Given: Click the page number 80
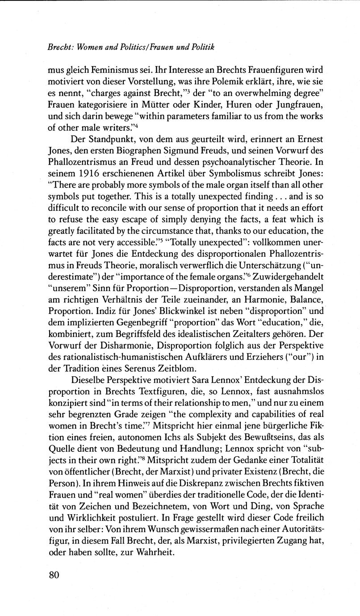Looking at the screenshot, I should tap(54, 574).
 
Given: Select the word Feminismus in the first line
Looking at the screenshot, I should tap(105, 71).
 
